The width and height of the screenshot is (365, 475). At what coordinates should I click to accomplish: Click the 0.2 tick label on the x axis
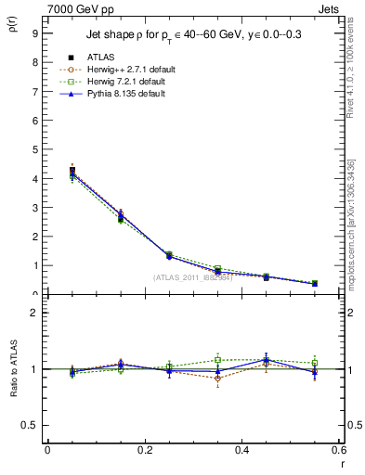144,450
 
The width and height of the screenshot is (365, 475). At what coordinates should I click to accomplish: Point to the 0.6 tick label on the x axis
339,450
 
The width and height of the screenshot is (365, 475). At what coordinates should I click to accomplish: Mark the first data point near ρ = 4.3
72,171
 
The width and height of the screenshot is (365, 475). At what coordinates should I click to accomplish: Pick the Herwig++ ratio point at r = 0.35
217,379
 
